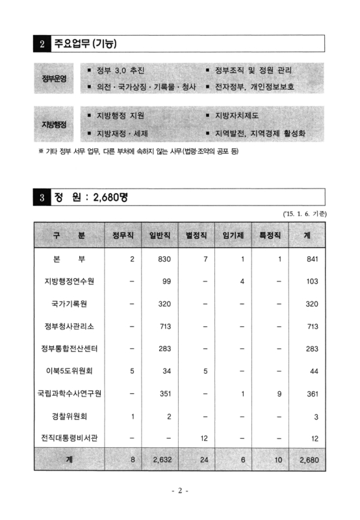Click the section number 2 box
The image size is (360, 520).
click(x=42, y=44)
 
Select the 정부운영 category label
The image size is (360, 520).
click(x=55, y=78)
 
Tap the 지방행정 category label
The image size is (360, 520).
click(x=55, y=124)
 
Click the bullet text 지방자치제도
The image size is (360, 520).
click(x=237, y=116)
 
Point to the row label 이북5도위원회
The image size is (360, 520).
click(x=69, y=370)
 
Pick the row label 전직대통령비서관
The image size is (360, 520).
click(x=69, y=438)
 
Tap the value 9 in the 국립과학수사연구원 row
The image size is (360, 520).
click(x=277, y=393)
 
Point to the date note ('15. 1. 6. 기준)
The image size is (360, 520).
click(x=304, y=213)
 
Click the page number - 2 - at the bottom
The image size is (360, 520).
click(x=180, y=491)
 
